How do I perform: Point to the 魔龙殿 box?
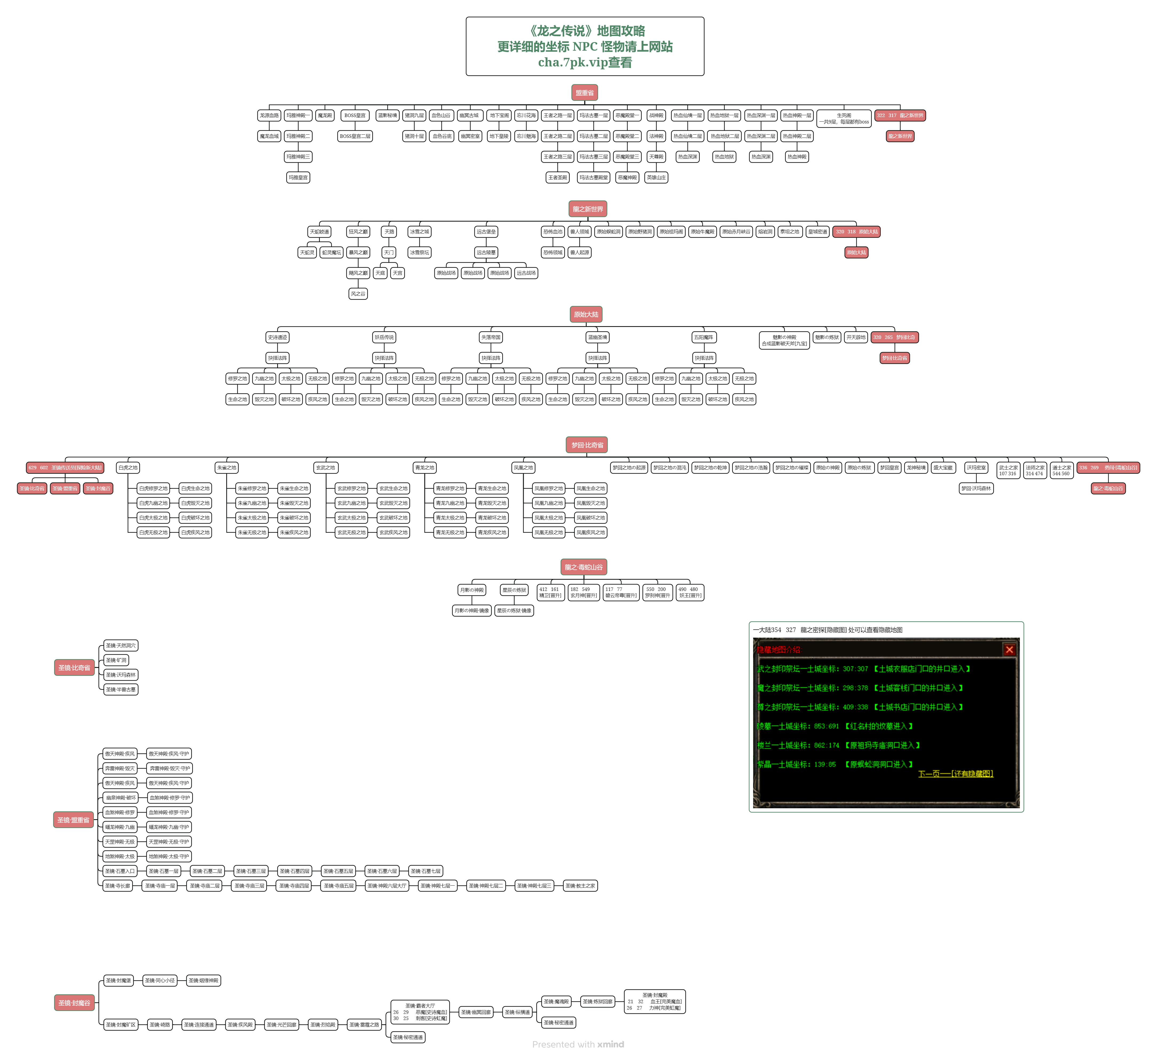325,115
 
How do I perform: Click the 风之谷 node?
358,294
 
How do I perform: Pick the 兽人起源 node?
580,252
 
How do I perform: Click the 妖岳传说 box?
384,337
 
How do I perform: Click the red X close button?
1009,649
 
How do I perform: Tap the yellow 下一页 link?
955,774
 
